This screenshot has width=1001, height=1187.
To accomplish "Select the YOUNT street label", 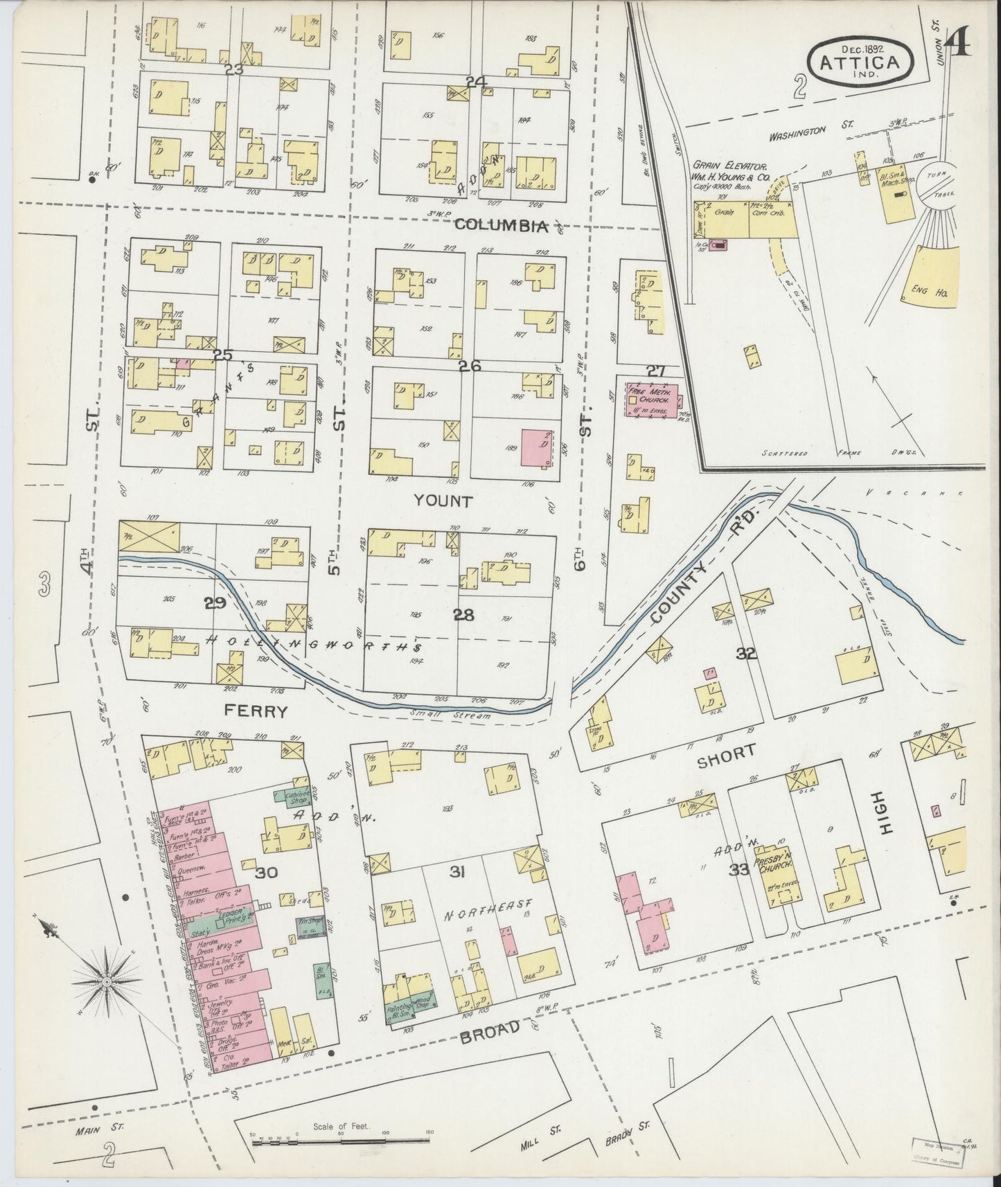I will pos(443,500).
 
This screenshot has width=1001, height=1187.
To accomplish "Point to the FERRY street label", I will pos(255,711).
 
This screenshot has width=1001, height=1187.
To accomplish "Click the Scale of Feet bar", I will pos(341,1141).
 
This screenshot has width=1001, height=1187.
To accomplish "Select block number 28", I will pos(463,614).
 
